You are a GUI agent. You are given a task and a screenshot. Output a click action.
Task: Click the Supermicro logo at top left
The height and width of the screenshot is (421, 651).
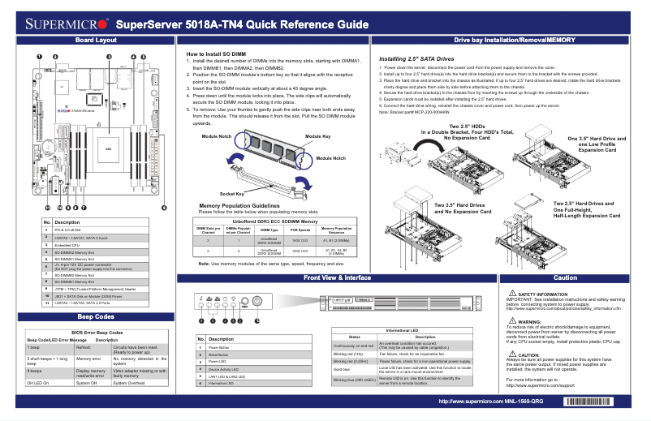(55, 23)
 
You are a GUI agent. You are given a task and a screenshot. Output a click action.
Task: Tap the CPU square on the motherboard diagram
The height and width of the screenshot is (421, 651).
(107, 149)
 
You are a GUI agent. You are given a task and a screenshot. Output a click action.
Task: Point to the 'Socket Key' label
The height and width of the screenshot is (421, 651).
(232, 194)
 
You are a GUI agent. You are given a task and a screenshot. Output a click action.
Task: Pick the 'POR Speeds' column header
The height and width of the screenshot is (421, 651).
(300, 230)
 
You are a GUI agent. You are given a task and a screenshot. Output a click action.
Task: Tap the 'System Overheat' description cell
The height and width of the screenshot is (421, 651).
(133, 382)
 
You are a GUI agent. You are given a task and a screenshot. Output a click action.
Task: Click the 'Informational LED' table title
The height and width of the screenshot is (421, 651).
(403, 330)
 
